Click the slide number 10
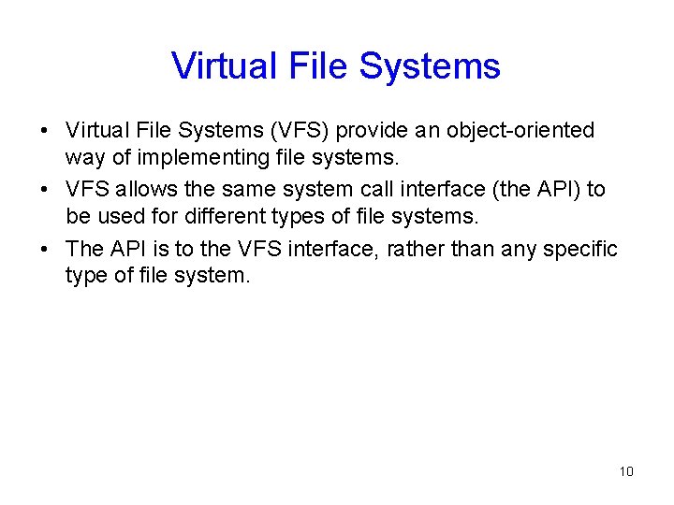click(626, 471)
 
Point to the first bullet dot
click(45, 131)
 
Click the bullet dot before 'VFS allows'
click(45, 190)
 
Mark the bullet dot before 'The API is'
click(45, 250)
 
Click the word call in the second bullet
click(391, 189)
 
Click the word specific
click(584, 249)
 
